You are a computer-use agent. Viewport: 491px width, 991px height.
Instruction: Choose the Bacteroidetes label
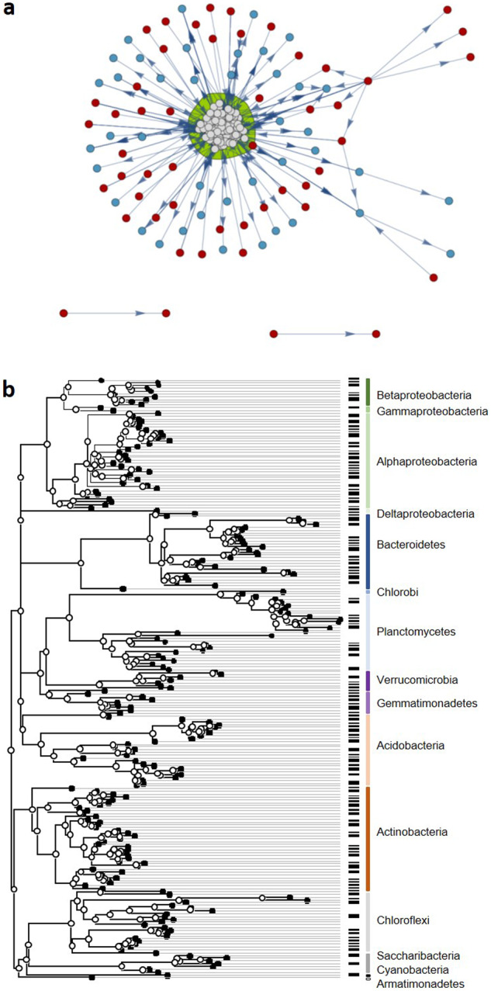pyautogui.click(x=411, y=545)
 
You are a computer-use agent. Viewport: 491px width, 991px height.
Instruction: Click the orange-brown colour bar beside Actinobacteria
pyautogui.click(x=368, y=838)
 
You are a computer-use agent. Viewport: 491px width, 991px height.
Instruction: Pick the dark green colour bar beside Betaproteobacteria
pyautogui.click(x=368, y=392)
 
